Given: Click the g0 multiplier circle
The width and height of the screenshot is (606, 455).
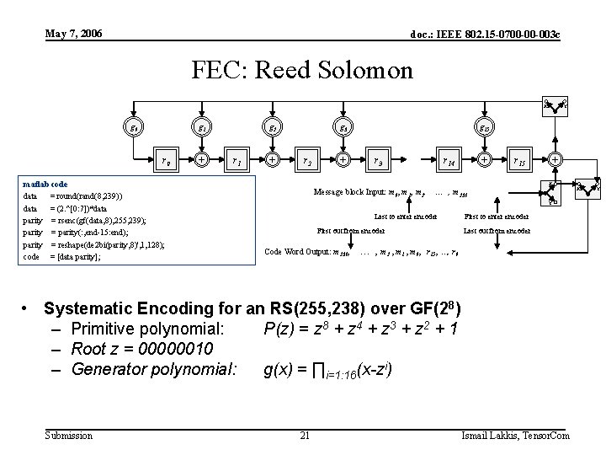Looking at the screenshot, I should [132, 128].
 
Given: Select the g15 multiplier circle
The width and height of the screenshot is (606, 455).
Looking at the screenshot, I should [485, 128].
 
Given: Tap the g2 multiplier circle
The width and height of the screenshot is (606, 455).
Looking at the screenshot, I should [273, 128].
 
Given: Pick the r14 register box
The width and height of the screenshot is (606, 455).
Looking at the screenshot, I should [449, 158].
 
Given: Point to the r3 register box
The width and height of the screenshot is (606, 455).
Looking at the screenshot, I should [379, 158].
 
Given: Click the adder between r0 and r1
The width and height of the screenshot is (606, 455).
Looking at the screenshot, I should [202, 158].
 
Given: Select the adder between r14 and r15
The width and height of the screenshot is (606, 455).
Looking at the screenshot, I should [485, 158].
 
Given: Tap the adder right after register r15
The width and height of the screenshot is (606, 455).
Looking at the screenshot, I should [554, 158].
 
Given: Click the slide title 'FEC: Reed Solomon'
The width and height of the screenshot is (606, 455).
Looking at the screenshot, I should [302, 69].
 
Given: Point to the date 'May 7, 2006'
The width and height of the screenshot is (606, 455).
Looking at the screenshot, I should [74, 33].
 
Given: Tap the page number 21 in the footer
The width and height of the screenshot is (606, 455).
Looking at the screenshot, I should [305, 435].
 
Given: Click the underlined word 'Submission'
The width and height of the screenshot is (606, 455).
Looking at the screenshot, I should [69, 435].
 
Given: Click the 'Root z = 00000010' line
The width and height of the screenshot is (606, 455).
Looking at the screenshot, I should [142, 348].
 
